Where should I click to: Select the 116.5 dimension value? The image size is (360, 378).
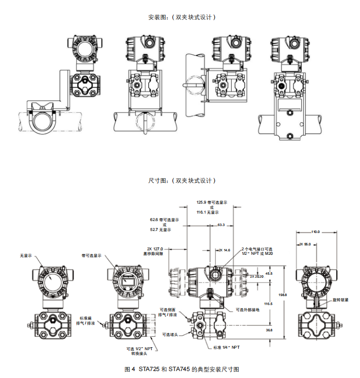(x=268, y=303)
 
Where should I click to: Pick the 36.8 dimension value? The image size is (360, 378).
(x=269, y=330)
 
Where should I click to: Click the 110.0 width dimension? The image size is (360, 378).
(x=316, y=231)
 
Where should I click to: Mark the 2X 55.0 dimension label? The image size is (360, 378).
(x=305, y=244)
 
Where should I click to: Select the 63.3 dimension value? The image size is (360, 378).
(x=221, y=225)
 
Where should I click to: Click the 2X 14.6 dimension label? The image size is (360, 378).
(x=224, y=250)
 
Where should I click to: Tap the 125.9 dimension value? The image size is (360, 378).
(x=201, y=203)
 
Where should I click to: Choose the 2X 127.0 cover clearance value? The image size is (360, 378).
(x=156, y=249)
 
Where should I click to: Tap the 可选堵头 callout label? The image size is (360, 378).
(x=171, y=334)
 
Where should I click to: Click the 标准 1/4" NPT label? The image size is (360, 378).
(x=226, y=347)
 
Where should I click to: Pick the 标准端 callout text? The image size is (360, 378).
(x=87, y=318)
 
